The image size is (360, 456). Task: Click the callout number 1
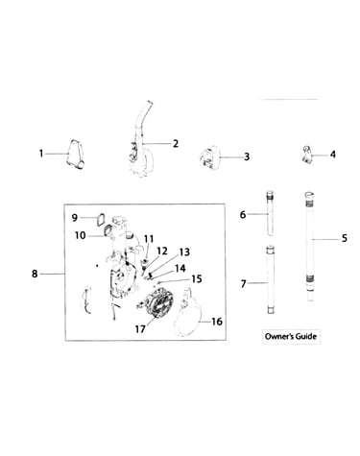tap(41, 154)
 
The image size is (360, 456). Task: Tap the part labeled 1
tap(76, 154)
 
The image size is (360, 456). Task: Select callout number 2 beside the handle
tap(176, 144)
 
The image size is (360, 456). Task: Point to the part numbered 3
tap(208, 156)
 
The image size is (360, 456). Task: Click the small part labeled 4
tap(308, 155)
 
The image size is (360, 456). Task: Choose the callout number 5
tap(344, 238)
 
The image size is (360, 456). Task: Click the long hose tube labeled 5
tap(310, 247)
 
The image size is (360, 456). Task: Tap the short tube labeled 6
tap(271, 213)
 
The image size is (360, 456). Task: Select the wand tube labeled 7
tap(271, 280)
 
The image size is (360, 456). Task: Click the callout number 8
tap(35, 274)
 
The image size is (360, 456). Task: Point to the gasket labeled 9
tap(101, 220)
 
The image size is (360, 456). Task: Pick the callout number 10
tap(81, 235)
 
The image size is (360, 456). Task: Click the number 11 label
tap(149, 239)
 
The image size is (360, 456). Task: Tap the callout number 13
tap(184, 252)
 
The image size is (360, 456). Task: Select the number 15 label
tap(197, 278)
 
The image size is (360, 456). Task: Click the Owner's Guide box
tap(291, 336)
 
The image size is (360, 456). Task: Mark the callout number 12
tap(162, 252)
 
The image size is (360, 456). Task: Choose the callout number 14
tap(180, 268)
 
